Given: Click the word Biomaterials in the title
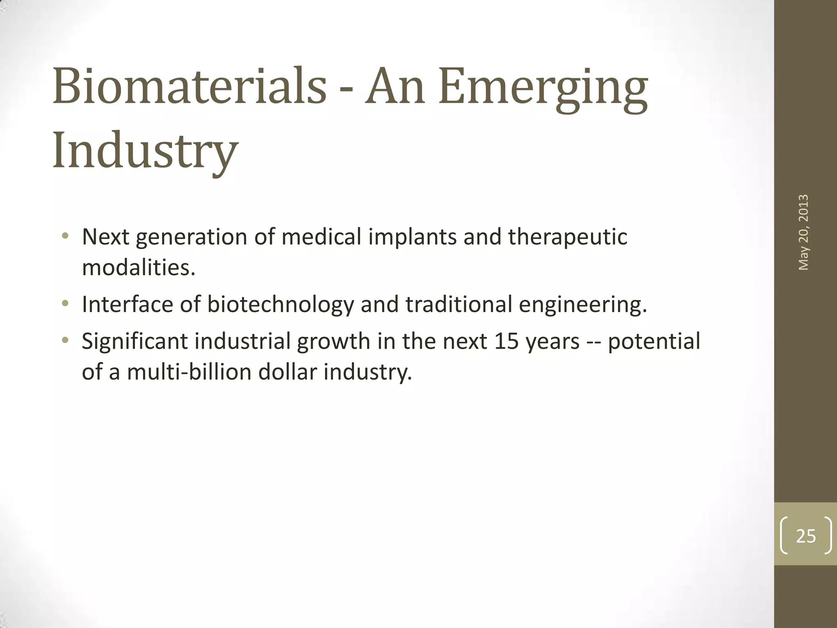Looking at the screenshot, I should [189, 87].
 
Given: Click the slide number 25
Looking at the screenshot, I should [806, 536].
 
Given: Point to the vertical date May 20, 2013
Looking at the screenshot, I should [803, 232].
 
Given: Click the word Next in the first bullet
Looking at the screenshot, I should [105, 237].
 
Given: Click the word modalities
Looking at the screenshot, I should [139, 268].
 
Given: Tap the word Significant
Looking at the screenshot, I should [134, 341].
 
